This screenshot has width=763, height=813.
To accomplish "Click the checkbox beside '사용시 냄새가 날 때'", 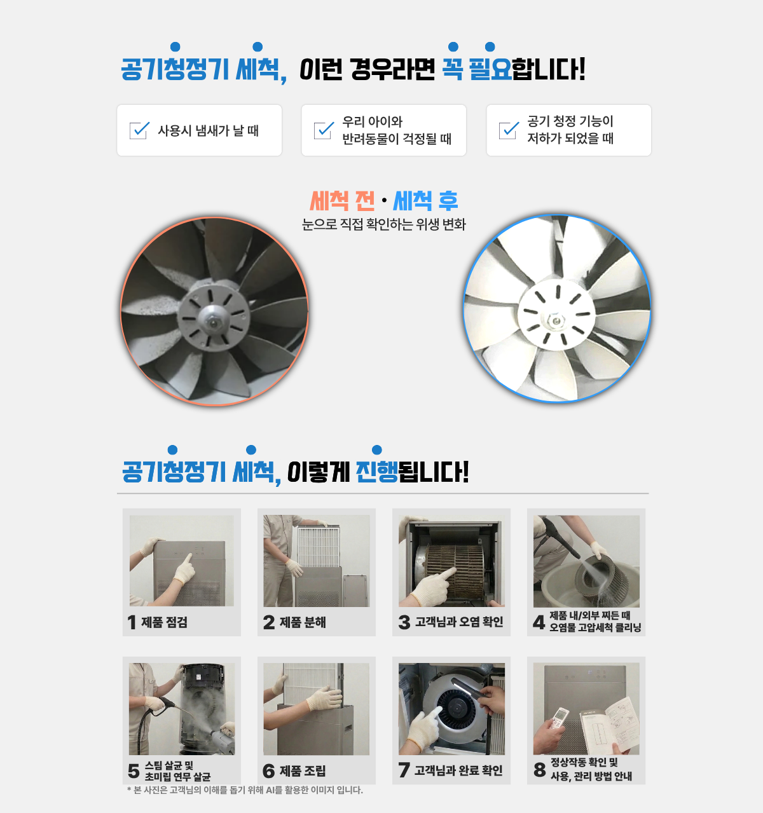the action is pyautogui.click(x=139, y=130).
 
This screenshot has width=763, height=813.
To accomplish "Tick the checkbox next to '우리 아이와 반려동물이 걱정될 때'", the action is pyautogui.click(x=323, y=130).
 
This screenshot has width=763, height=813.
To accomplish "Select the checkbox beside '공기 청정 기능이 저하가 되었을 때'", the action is pyautogui.click(x=508, y=130).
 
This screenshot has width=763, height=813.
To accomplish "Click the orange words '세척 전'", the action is pyautogui.click(x=342, y=201).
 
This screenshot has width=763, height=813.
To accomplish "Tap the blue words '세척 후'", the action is pyautogui.click(x=425, y=201).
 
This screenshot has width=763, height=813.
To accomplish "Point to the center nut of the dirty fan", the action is pyautogui.click(x=212, y=322).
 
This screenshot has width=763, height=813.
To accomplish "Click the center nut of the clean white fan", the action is pyautogui.click(x=555, y=320).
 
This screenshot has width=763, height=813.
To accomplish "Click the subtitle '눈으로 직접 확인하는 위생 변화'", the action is pyautogui.click(x=384, y=224).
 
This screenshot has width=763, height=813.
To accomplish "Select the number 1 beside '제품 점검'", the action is pyautogui.click(x=132, y=622).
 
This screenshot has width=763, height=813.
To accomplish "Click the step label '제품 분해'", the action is pyautogui.click(x=303, y=622).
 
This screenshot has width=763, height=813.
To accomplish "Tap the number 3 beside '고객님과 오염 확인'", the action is pyautogui.click(x=404, y=622).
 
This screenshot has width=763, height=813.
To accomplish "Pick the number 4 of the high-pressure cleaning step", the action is pyautogui.click(x=539, y=622).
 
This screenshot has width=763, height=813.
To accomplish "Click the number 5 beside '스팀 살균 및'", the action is pyautogui.click(x=134, y=771).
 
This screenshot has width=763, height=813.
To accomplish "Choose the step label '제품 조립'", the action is pyautogui.click(x=303, y=771).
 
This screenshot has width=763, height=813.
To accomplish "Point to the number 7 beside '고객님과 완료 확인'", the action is pyautogui.click(x=404, y=770).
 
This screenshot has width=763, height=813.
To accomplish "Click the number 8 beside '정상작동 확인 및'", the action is pyautogui.click(x=540, y=770).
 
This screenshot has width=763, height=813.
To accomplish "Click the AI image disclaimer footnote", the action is pyautogui.click(x=245, y=790).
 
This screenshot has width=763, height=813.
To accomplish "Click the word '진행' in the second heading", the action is pyautogui.click(x=377, y=472).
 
